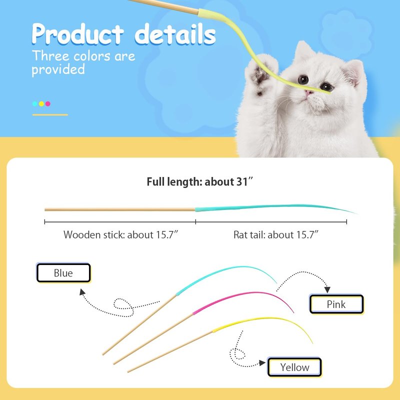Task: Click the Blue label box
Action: pyautogui.click(x=63, y=272)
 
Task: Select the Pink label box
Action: pyautogui.click(x=336, y=304)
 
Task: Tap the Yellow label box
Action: pyautogui.click(x=294, y=367)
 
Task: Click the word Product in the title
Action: pyautogui.click(x=78, y=34)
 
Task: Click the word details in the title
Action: pyautogui.click(x=175, y=33)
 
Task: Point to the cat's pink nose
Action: pyautogui.click(x=309, y=92)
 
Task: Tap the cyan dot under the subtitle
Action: pyautogui.click(x=35, y=104)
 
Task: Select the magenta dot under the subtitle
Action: pyautogui.click(x=47, y=104)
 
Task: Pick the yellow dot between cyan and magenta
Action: pyautogui.click(x=41, y=104)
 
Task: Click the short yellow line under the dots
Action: pyautogui.click(x=50, y=115)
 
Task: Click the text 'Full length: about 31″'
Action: pyautogui.click(x=199, y=182)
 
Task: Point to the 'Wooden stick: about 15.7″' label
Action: pyautogui.click(x=120, y=234)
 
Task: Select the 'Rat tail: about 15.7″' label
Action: pyautogui.click(x=276, y=234)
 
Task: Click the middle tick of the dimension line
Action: pyautogui.click(x=195, y=222)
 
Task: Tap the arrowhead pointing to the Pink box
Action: pyautogui.click(x=327, y=289)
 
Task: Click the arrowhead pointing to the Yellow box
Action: pyautogui.click(x=262, y=363)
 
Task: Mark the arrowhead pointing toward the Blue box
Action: pyautogui.click(x=82, y=292)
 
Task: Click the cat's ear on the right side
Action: pyautogui.click(x=353, y=72)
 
